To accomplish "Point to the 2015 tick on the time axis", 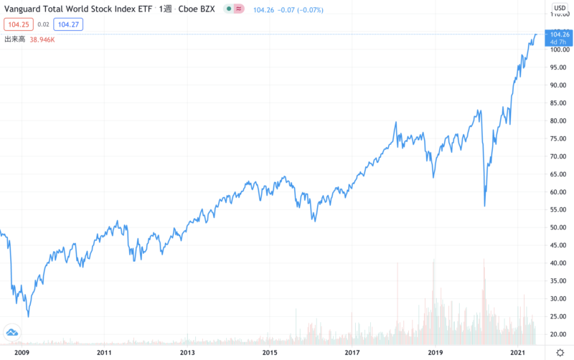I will (270, 352).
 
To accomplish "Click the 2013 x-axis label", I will (187, 352).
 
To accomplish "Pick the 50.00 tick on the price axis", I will (558, 227).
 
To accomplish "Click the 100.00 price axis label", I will (558, 49).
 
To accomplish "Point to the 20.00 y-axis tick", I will (558, 334).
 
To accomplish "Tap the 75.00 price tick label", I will (558, 138).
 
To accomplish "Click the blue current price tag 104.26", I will (558, 34).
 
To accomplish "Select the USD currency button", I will (559, 9).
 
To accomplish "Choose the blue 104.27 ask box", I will (69, 24).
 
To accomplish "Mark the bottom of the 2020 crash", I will (485, 207).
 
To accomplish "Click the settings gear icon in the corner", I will (559, 352).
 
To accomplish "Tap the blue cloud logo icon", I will (12, 331).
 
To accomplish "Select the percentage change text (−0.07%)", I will (308, 9).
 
